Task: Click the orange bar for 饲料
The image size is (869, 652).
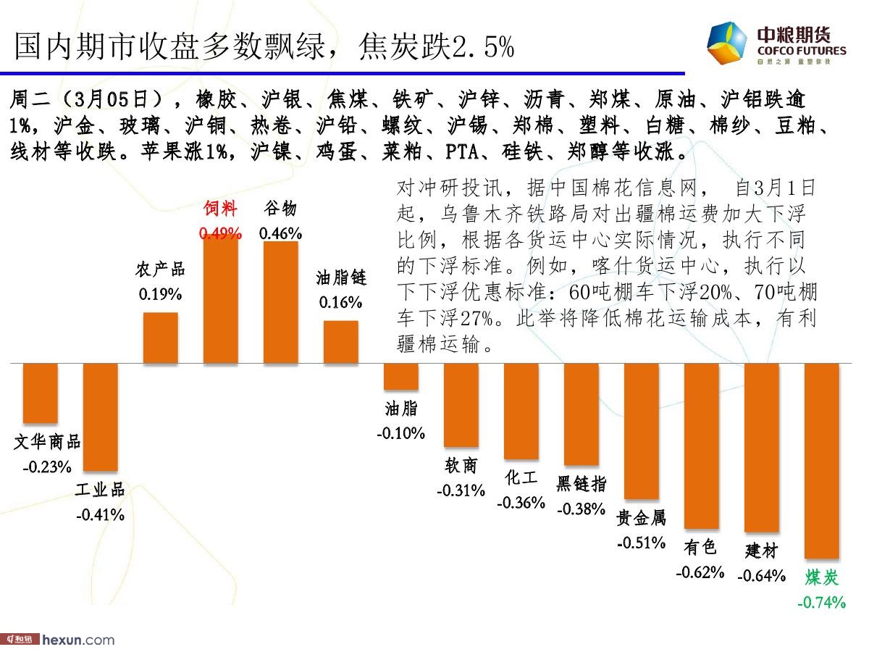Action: pos(221,299)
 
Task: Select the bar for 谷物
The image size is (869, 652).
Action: pos(281,303)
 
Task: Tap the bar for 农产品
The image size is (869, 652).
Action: pos(161,338)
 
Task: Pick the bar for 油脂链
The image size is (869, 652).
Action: pos(341,342)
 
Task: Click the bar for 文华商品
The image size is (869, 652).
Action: pos(41,393)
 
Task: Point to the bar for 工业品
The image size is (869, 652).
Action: pos(101,417)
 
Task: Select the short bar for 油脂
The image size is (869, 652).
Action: pos(401,376)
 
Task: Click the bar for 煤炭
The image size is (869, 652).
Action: pos(821,461)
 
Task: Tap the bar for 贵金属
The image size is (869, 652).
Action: pos(641,431)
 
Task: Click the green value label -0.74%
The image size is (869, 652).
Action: pos(821,602)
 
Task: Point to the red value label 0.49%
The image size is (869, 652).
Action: pos(220,234)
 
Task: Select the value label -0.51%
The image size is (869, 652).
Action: pos(641,543)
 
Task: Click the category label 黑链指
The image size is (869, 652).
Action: pos(582,484)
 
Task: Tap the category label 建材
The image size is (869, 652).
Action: pos(761,551)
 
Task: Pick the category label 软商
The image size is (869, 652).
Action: pos(461,465)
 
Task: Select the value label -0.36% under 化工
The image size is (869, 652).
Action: pos(521,502)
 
